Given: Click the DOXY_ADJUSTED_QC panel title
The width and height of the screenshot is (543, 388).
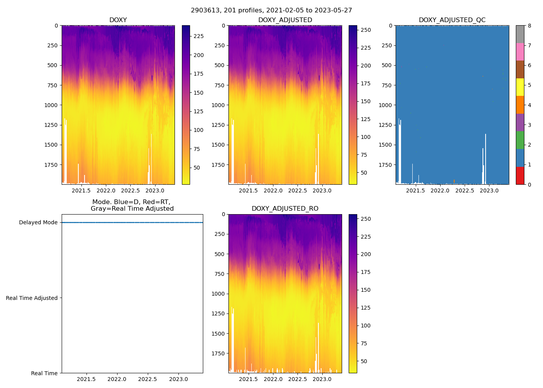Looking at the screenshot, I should coord(452,20).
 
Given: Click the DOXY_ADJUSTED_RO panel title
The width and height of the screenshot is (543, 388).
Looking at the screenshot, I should coord(285,209).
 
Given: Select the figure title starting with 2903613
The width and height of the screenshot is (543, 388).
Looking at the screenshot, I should coord(271,10).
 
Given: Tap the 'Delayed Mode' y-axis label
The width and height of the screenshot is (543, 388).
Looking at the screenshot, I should coord(38,223).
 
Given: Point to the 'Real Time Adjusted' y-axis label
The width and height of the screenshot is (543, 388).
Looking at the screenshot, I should coord(32,298).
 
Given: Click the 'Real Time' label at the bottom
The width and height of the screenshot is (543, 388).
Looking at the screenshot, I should coord(44,373).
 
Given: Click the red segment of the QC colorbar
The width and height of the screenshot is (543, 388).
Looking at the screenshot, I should coord(520,176).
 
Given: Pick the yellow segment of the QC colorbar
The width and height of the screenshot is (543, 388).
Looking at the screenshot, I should coord(520,87).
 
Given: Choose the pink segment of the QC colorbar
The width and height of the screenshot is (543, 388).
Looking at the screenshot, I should coord(520,52).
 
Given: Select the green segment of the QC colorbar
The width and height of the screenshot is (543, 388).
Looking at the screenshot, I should coord(520,140).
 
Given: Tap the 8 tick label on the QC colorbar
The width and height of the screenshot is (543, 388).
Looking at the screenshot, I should coord(529,26).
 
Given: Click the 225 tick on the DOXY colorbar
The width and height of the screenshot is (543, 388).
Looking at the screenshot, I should coord(199,36).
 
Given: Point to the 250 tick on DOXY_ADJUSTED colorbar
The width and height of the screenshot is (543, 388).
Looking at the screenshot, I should coord(366,30).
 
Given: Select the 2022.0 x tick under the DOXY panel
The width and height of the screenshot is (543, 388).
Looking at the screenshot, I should coord(106,191).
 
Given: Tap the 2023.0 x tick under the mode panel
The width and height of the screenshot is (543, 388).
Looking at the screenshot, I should coord(178,379).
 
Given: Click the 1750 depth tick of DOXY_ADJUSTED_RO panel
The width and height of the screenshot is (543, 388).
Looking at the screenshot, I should coord(218,353).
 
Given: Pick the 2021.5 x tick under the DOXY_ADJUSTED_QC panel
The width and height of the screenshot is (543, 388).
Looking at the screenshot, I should coord(416,191).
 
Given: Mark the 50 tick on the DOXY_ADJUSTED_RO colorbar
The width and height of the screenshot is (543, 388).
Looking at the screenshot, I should coord(364,361).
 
